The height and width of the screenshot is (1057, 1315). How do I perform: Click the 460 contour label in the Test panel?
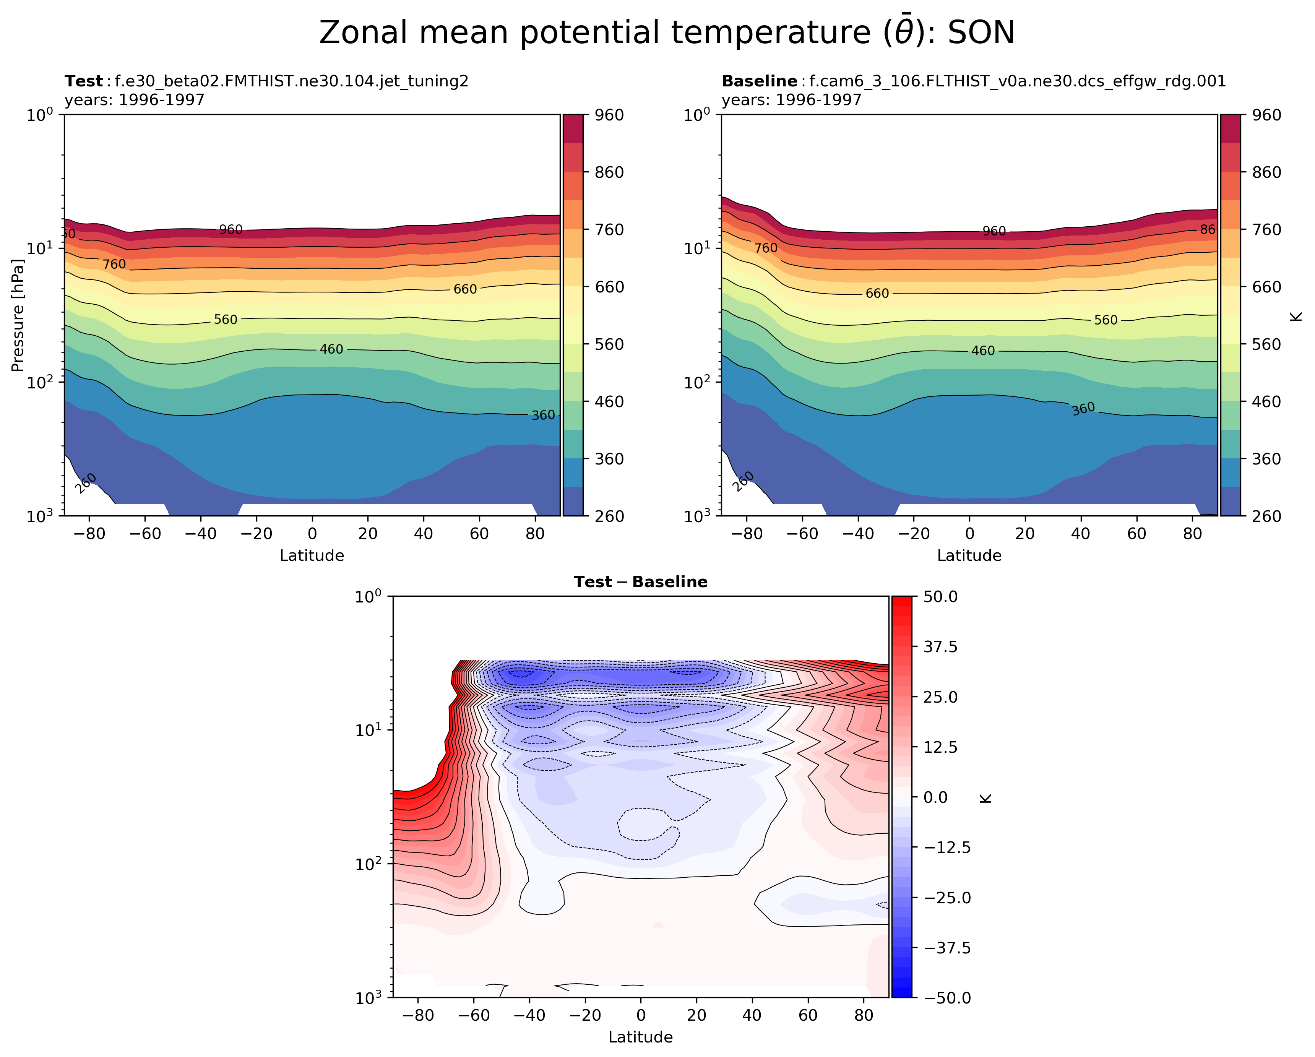click(x=331, y=349)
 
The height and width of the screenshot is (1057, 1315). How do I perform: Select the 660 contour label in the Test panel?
click(x=465, y=289)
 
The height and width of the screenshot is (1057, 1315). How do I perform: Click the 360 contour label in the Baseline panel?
click(x=1083, y=409)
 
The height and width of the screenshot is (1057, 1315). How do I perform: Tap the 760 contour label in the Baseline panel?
click(x=765, y=248)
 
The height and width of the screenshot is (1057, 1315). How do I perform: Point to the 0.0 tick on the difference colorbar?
click(x=936, y=797)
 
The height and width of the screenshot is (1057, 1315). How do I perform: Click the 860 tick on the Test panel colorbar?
click(x=609, y=173)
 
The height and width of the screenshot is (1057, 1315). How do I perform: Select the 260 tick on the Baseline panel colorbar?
click(x=1266, y=516)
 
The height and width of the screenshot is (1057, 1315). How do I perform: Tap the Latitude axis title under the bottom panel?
click(x=640, y=1037)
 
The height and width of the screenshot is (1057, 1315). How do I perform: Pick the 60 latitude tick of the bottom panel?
click(x=808, y=1016)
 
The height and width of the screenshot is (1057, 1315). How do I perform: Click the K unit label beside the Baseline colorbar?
click(x=1297, y=315)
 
